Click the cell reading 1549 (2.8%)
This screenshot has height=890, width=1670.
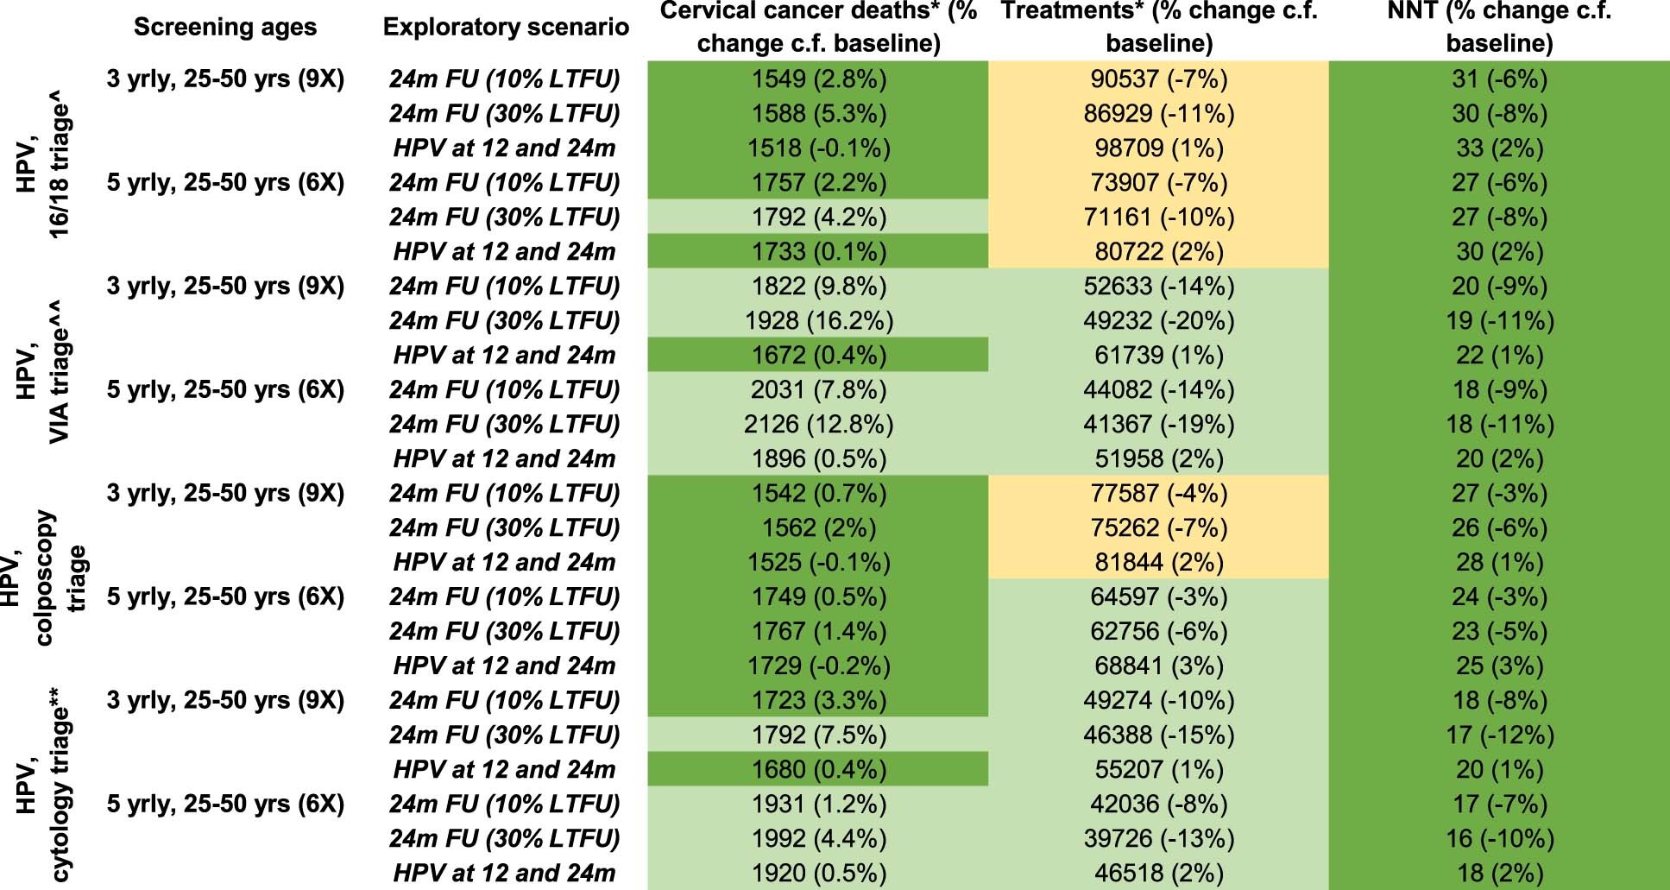(x=818, y=79)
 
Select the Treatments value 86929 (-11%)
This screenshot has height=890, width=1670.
(x=1158, y=114)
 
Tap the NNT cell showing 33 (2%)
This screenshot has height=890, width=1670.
(x=1500, y=148)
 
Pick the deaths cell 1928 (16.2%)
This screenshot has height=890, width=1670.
(x=818, y=321)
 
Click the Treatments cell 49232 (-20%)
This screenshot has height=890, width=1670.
(x=1158, y=321)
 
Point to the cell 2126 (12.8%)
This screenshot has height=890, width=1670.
(x=818, y=425)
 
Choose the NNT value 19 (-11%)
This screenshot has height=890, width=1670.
(x=1500, y=321)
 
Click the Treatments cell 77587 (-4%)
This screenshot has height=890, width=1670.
(x=1158, y=494)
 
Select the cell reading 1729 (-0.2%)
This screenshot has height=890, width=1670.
(x=818, y=666)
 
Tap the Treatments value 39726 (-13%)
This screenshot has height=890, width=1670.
(x=1158, y=839)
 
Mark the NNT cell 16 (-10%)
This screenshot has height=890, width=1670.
(x=1500, y=839)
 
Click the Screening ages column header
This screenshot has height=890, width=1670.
(x=225, y=28)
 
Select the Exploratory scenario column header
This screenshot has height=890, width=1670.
(x=506, y=28)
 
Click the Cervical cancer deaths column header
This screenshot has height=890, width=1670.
(x=818, y=28)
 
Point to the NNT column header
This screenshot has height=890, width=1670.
(x=1500, y=28)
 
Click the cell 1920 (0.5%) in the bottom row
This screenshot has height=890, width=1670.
(x=818, y=874)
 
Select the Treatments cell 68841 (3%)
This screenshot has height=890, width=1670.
(x=1158, y=666)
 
